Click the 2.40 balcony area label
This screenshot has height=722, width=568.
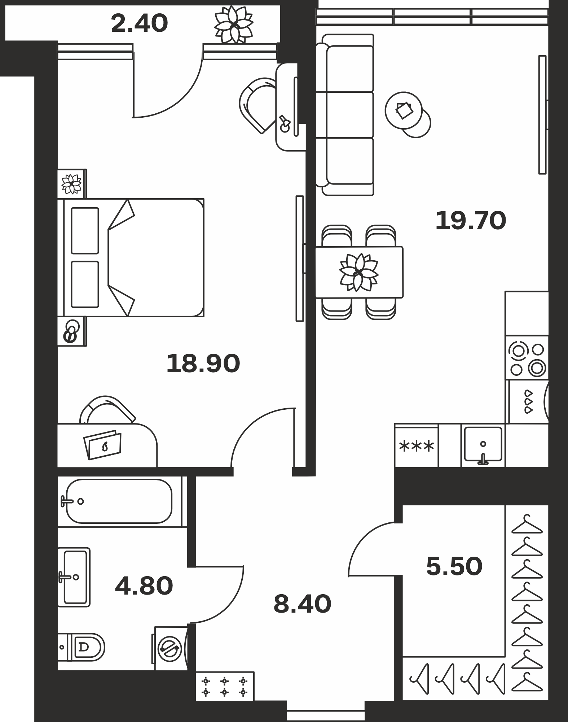click(139, 24)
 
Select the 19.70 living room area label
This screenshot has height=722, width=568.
click(471, 221)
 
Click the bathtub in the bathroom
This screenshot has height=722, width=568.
click(119, 501)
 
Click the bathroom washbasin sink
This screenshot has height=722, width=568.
click(74, 577)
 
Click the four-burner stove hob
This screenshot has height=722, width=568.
click(527, 358)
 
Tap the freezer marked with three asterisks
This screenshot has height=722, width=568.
click(417, 445)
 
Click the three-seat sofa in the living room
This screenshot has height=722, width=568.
click(344, 115)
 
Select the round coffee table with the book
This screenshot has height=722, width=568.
click(404, 110)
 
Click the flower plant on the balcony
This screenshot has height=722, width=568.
click(234, 25)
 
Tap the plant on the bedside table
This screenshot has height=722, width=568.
click(71, 184)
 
